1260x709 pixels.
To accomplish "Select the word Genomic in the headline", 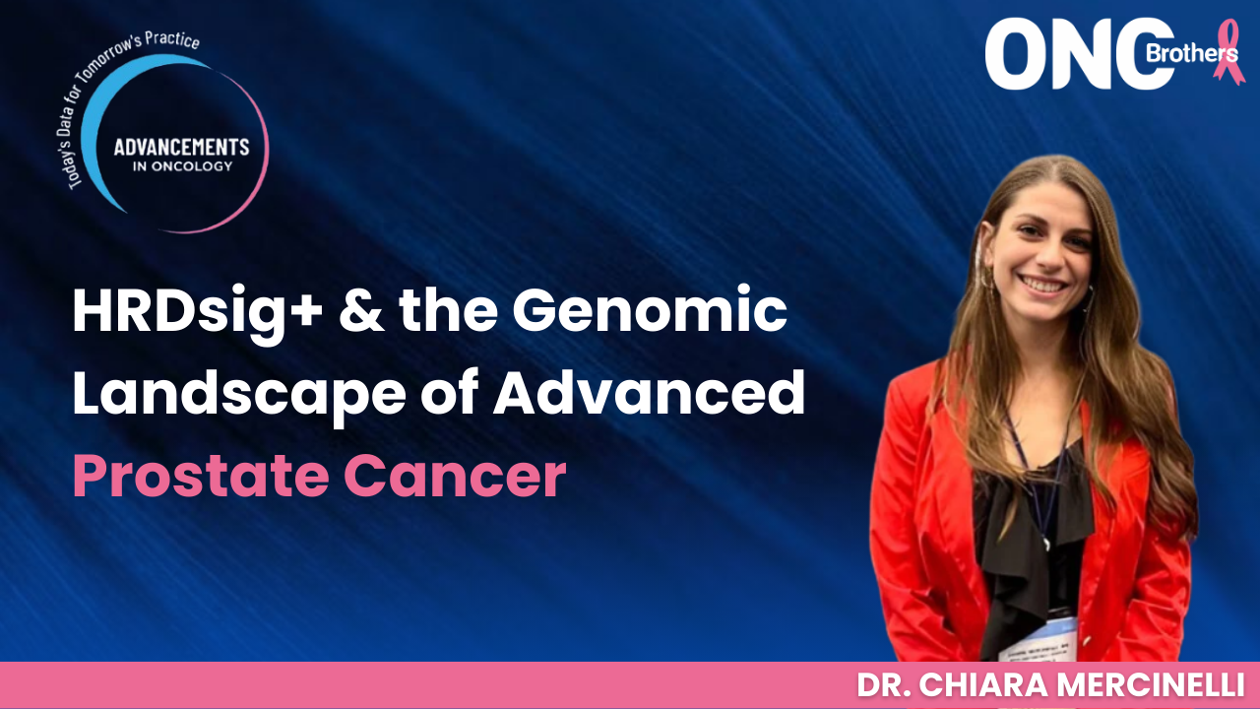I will [651, 313].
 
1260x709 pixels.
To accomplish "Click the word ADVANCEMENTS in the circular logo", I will [182, 147].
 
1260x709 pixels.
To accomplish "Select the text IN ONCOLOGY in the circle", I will [182, 166].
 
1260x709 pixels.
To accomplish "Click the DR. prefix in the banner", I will [883, 685].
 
